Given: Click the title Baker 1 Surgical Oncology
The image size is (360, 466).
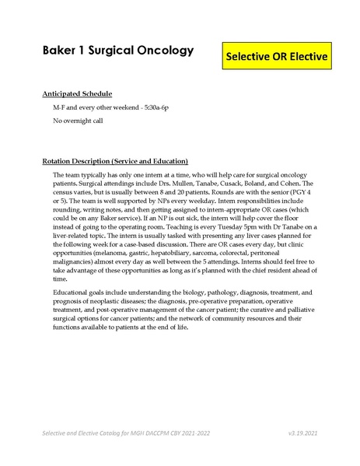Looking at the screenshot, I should (x=117, y=51).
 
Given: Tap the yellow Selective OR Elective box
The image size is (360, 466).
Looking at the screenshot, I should (x=277, y=57).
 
